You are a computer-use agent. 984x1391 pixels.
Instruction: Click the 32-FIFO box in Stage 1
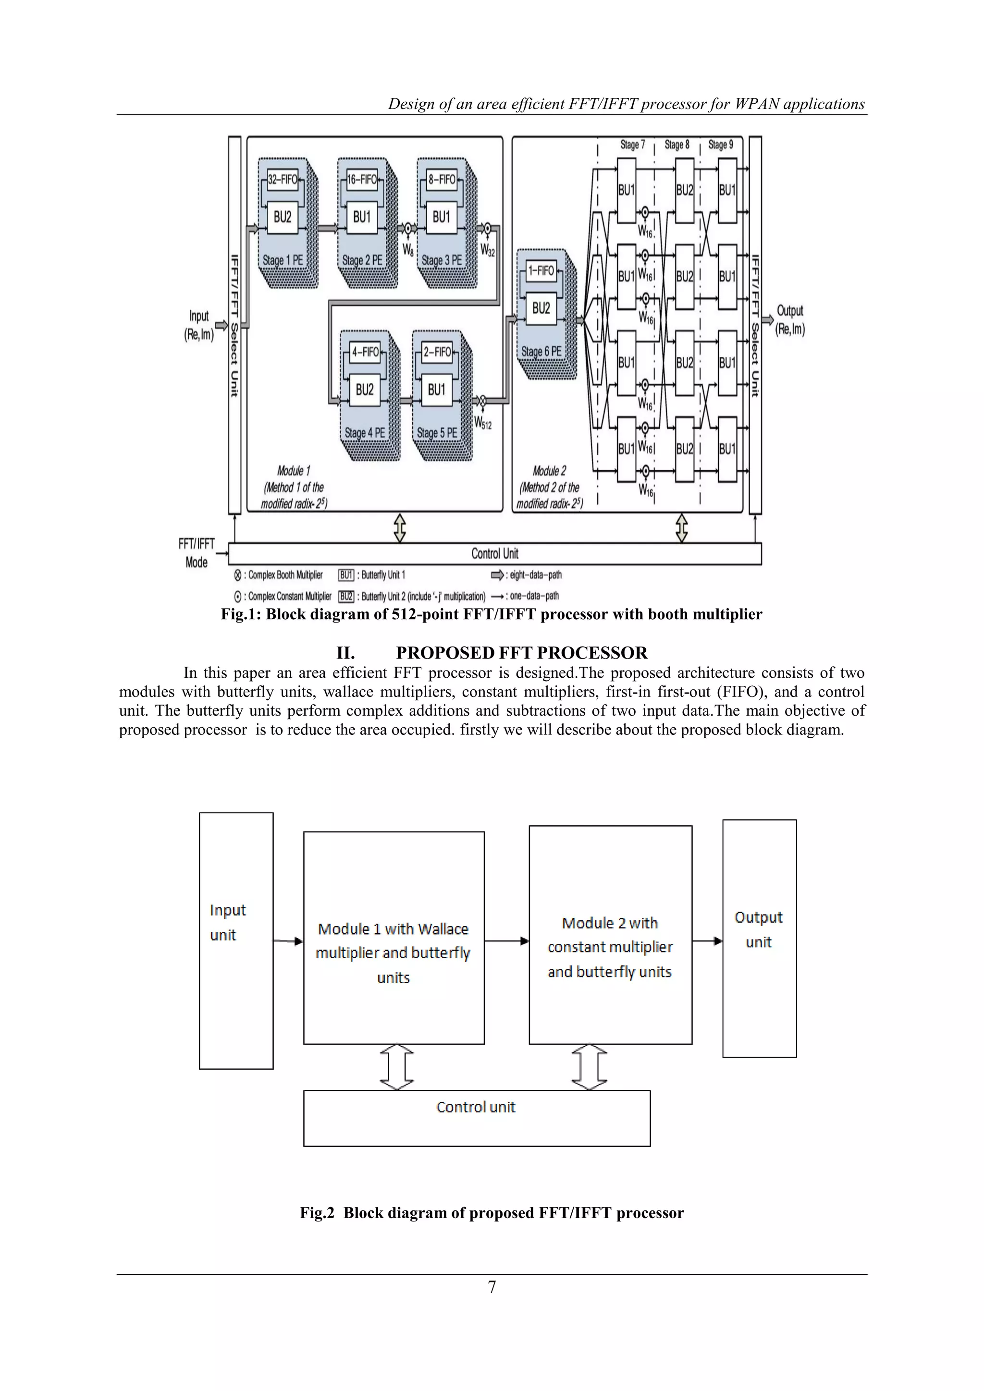click(x=283, y=179)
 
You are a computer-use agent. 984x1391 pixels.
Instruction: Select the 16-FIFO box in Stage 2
click(x=362, y=179)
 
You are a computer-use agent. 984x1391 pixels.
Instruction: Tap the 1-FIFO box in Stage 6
click(x=541, y=271)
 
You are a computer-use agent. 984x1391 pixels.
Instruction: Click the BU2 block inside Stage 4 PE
click(x=365, y=390)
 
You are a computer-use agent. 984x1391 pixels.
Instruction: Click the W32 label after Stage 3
click(x=488, y=250)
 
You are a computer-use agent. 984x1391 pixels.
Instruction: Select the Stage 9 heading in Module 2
click(x=720, y=145)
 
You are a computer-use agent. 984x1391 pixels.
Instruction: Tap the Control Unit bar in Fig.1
click(x=494, y=554)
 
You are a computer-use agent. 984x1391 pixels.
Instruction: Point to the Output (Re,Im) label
click(x=790, y=320)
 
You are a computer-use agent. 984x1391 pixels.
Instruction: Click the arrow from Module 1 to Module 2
click(x=506, y=941)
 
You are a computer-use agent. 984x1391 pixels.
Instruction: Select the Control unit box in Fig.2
click(x=476, y=1118)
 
